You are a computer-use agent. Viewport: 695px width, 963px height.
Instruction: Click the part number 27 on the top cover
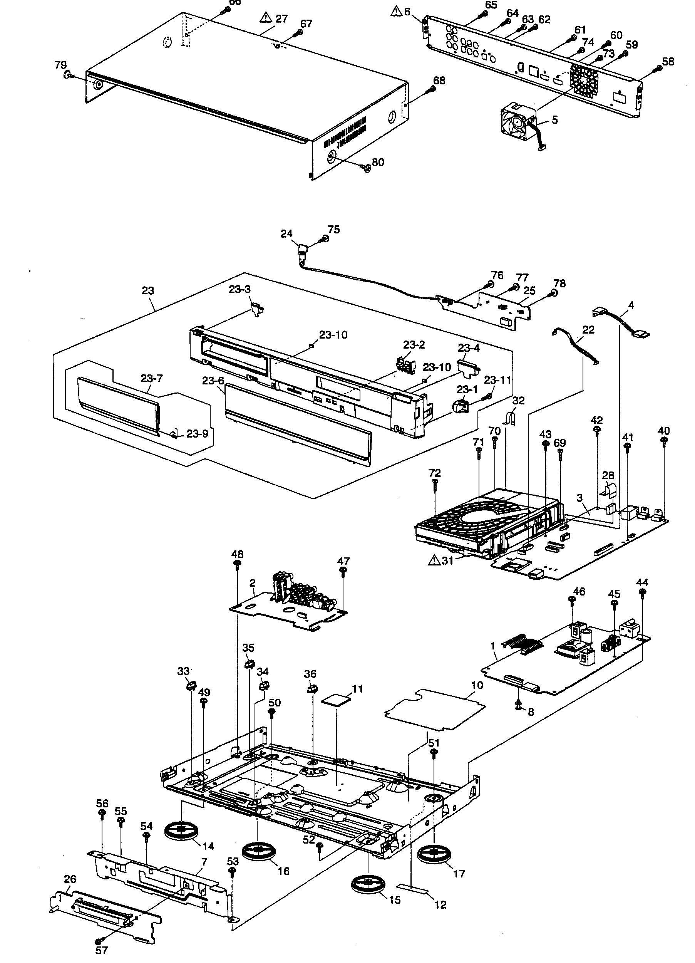(x=281, y=19)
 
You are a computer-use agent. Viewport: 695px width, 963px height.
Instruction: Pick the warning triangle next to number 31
(x=435, y=560)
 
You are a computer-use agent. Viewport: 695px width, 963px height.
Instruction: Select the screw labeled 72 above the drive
(x=435, y=482)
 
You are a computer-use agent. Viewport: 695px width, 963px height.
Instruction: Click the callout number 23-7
(x=152, y=378)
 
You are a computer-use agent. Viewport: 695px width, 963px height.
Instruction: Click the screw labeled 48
(x=237, y=564)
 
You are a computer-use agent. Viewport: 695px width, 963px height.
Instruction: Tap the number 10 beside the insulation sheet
(x=477, y=685)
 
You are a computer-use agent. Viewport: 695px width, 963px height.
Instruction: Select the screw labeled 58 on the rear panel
(x=658, y=67)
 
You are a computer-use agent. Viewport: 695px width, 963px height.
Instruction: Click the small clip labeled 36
(x=311, y=688)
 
